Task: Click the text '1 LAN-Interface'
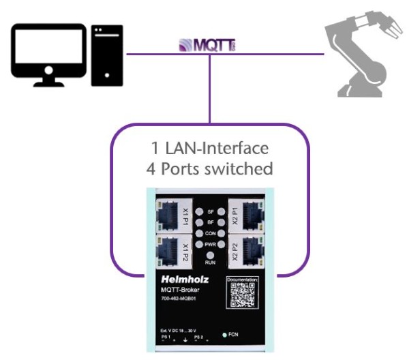point(210,148)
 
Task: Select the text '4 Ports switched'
point(210,168)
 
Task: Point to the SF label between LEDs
point(210,212)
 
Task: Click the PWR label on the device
point(210,243)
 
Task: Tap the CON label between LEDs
point(210,232)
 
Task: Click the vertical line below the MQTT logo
point(210,89)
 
